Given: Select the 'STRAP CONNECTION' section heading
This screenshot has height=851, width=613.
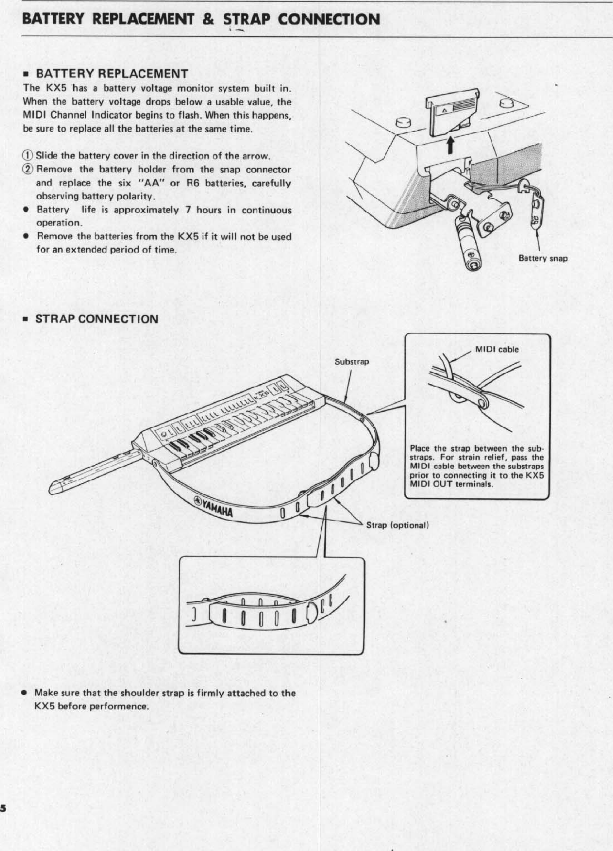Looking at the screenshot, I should click(96, 319).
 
